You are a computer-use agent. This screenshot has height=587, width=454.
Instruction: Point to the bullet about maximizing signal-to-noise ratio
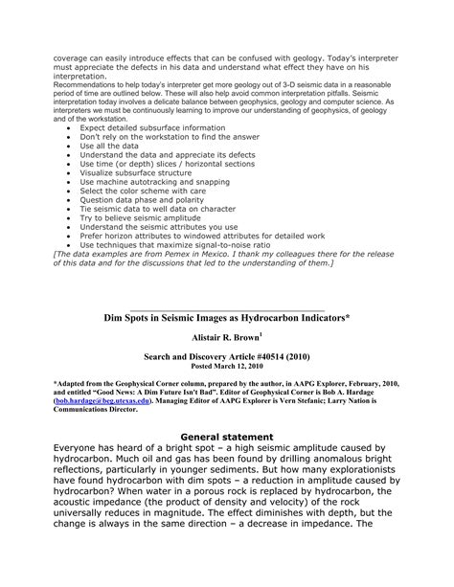pyautogui.click(x=176, y=272)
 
